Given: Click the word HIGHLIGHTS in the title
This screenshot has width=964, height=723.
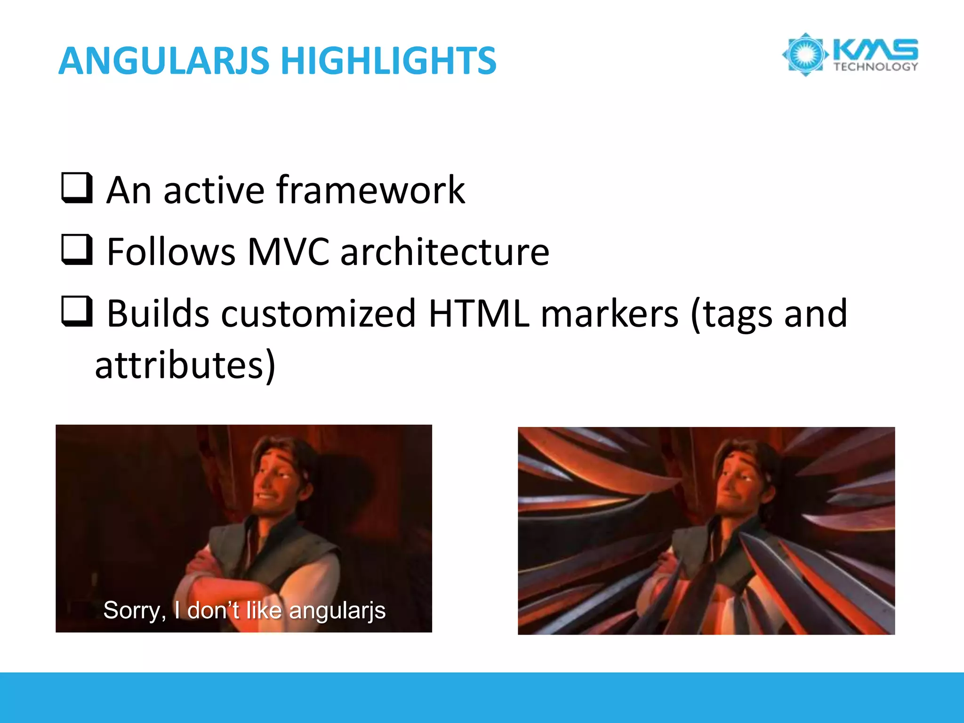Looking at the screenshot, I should coord(388,61).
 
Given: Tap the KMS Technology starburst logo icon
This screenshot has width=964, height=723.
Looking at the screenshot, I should coord(805,55).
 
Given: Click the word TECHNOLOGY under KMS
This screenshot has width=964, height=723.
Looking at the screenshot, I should coord(876,67).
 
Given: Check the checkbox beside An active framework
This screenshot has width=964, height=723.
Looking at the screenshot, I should coord(77,188).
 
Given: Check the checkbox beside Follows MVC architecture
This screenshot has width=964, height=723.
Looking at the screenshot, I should coord(77,249).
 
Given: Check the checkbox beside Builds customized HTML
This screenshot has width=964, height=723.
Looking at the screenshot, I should coord(77,311).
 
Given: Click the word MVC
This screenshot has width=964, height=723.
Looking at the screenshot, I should coord(288,252).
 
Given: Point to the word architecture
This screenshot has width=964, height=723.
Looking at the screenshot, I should coord(444,252).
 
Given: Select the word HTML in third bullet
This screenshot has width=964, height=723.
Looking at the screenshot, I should coord(479,313).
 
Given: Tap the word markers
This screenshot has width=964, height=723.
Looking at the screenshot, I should coord(609,313).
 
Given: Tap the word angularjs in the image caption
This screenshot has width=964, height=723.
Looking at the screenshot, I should coord(337,611).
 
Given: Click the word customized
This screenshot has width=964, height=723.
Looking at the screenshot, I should coord(318,313).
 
